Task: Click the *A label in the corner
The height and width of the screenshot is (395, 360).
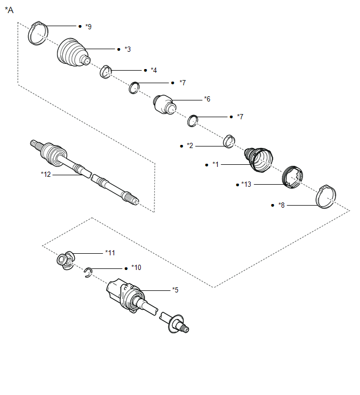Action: (x=9, y=9)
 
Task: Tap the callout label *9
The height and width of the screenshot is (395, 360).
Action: (x=88, y=26)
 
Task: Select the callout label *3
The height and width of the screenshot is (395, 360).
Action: (x=127, y=49)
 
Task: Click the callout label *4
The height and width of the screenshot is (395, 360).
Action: (x=153, y=70)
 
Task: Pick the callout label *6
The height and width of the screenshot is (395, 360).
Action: (x=207, y=99)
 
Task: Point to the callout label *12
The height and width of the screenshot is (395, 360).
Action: (x=46, y=174)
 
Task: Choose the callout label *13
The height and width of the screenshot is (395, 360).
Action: (x=246, y=185)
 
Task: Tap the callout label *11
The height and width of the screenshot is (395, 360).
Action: (x=110, y=253)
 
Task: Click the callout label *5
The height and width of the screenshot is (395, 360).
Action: (x=176, y=289)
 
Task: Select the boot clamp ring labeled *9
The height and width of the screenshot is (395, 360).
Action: (x=37, y=32)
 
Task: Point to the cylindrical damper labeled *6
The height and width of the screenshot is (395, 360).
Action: (x=164, y=103)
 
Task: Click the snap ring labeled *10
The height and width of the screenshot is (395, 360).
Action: (x=88, y=272)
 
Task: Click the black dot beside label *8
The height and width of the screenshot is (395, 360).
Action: (x=273, y=206)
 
